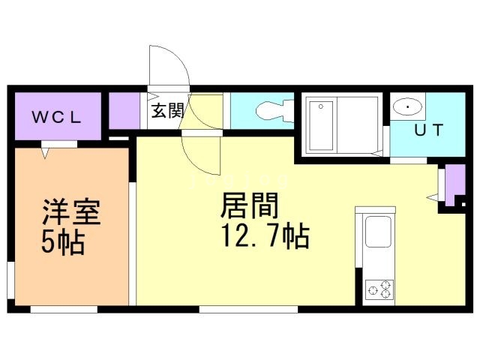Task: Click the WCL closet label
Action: click(x=57, y=118)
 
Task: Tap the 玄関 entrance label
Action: click(x=168, y=110)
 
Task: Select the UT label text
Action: click(x=428, y=130)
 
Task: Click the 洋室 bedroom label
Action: click(x=71, y=212)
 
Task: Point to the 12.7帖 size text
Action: click(x=265, y=236)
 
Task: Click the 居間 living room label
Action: click(x=249, y=205)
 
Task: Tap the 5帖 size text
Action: click(x=62, y=243)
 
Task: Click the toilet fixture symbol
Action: click(x=274, y=110)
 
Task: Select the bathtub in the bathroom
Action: click(x=321, y=126)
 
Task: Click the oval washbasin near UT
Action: click(x=408, y=106)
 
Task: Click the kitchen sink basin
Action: click(x=378, y=232)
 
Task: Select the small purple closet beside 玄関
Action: click(x=124, y=110)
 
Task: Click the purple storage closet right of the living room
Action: click(x=454, y=184)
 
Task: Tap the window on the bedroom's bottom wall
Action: click(x=64, y=309)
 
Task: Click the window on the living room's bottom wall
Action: click(x=248, y=309)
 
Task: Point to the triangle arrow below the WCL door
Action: click(x=45, y=153)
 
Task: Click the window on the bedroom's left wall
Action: click(x=10, y=280)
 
